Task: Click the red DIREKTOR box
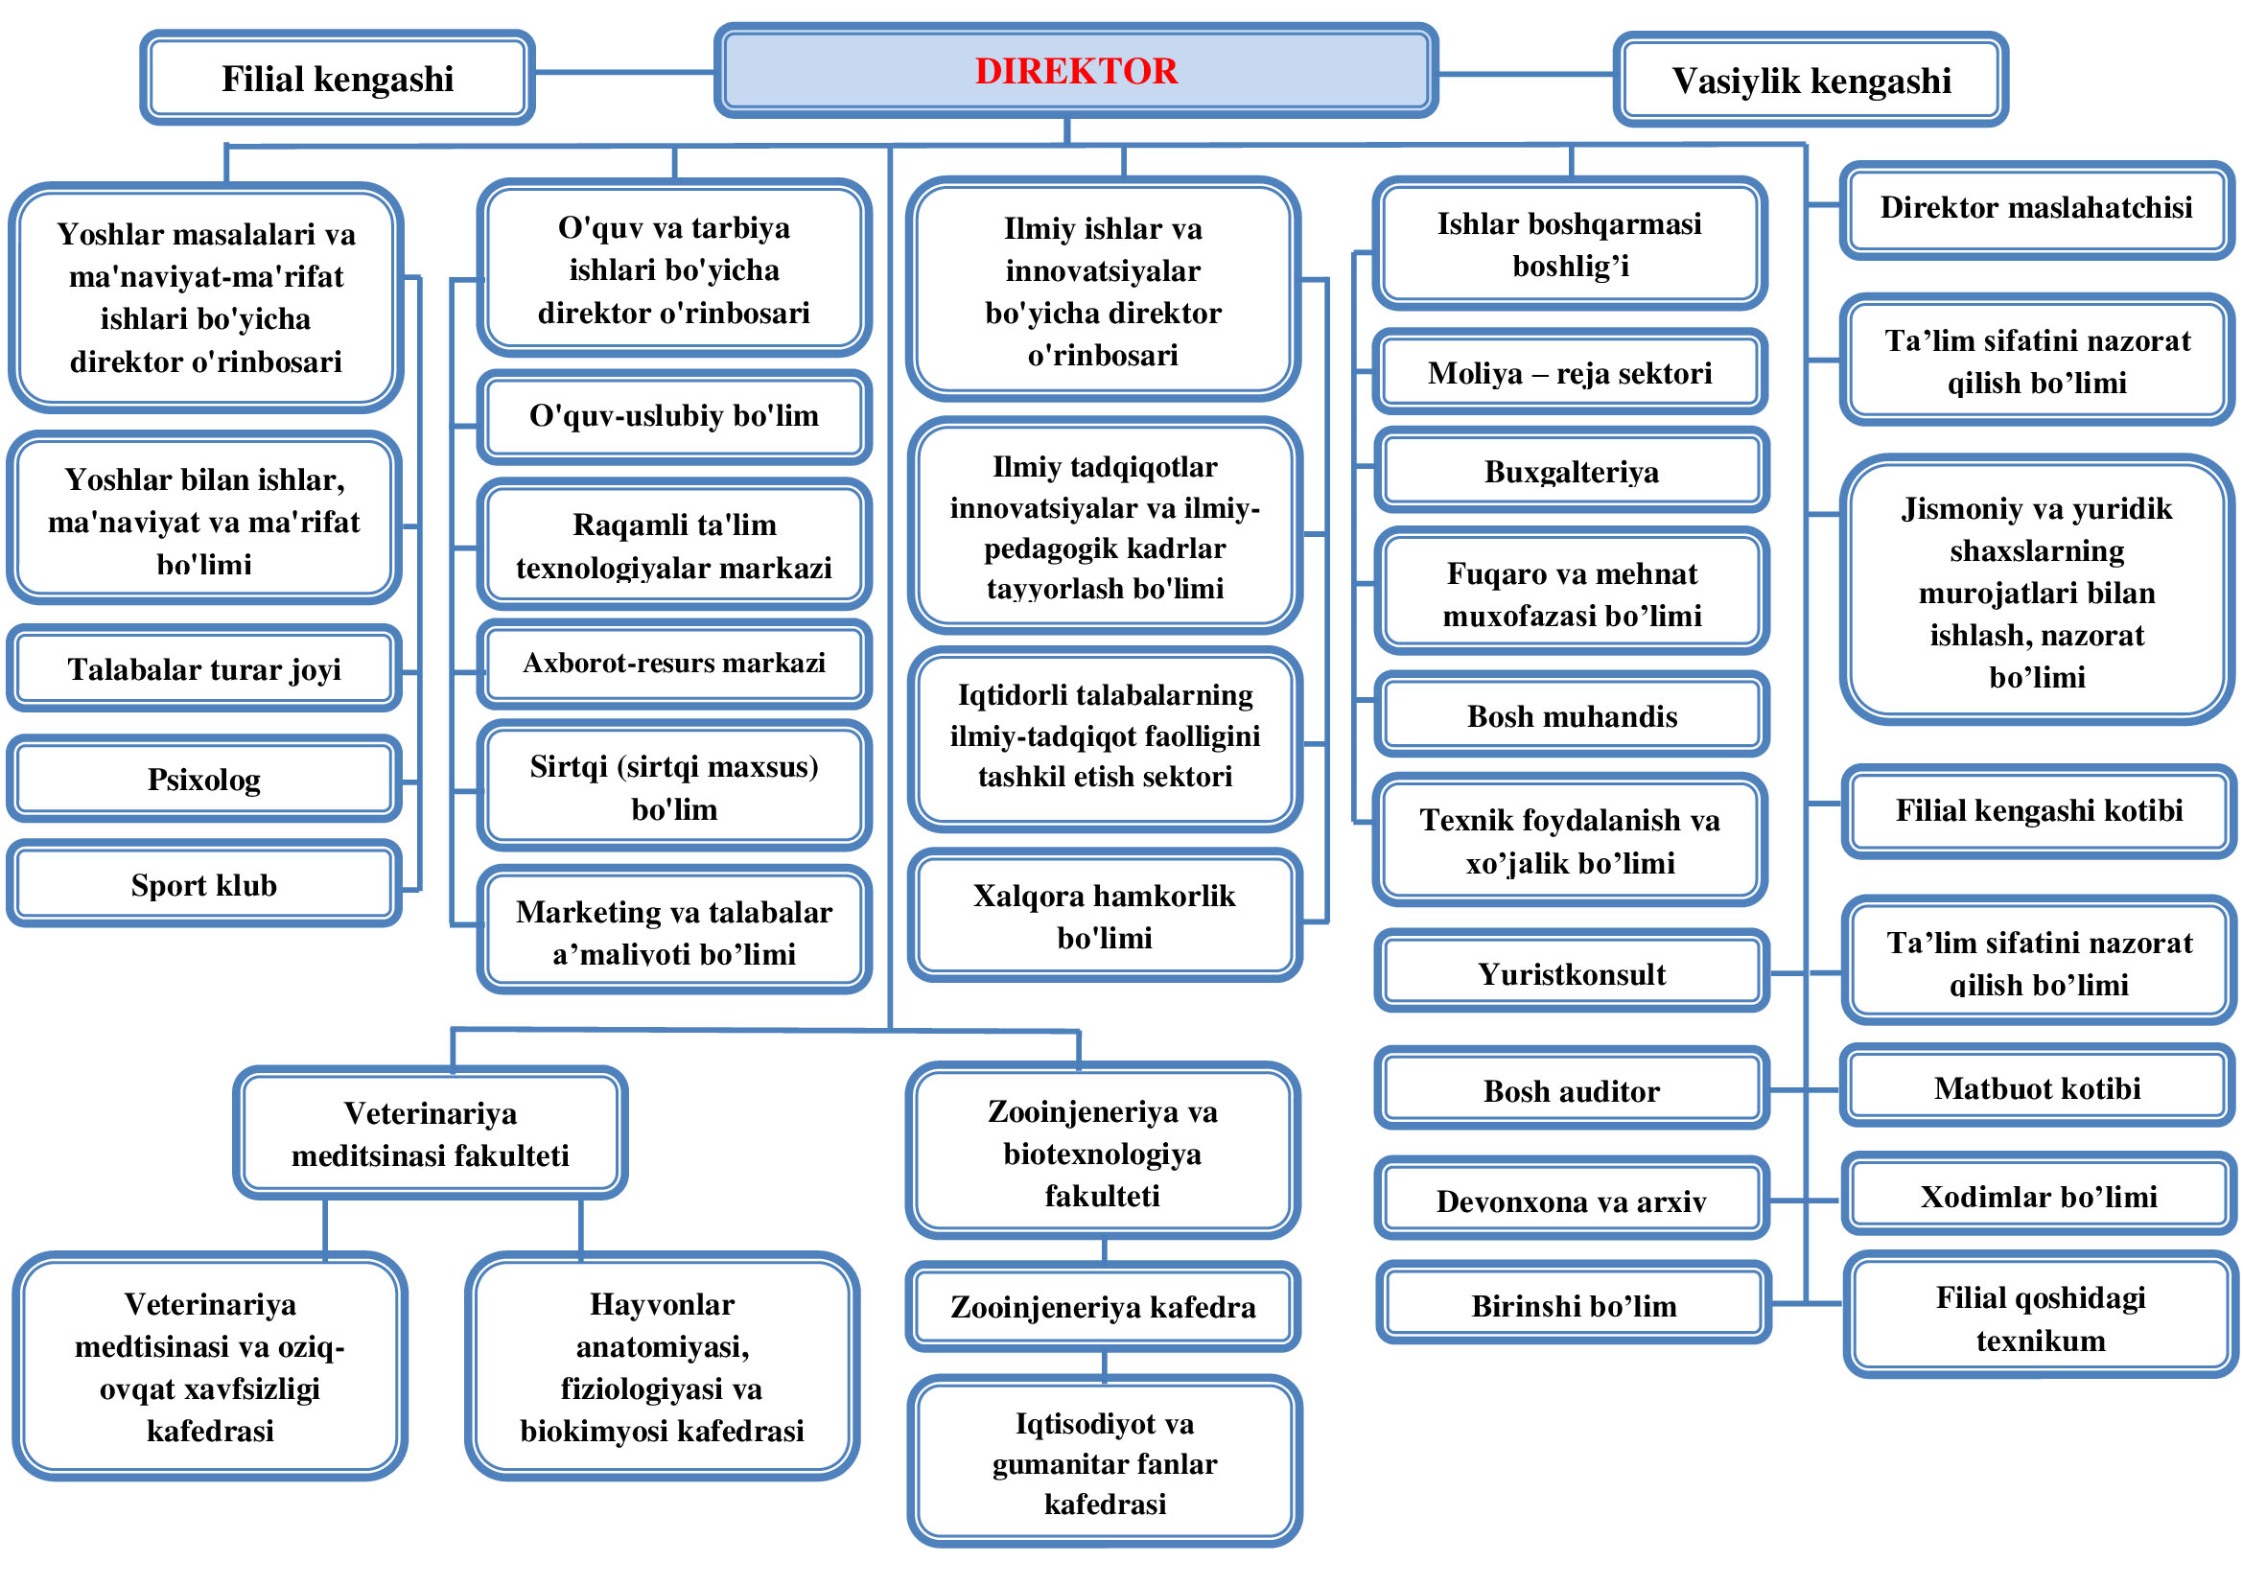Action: pyautogui.click(x=1076, y=71)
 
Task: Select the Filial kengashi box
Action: pyautogui.click(x=337, y=78)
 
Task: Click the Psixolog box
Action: pyautogui.click(x=204, y=780)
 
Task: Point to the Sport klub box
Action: pyautogui.click(x=204, y=884)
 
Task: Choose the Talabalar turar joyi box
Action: pyautogui.click(x=204, y=669)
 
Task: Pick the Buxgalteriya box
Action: pyautogui.click(x=1571, y=472)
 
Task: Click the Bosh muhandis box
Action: pyautogui.click(x=1571, y=716)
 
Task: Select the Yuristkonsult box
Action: pyautogui.click(x=1571, y=972)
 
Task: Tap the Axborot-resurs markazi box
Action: pyautogui.click(x=674, y=664)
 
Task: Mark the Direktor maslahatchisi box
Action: pyautogui.click(x=2037, y=208)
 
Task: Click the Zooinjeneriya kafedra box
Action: pyautogui.click(x=1103, y=1307)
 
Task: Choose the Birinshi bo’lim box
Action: pyautogui.click(x=1573, y=1305)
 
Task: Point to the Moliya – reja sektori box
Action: pyautogui.click(x=1570, y=372)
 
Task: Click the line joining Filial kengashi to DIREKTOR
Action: pyautogui.click(x=624, y=71)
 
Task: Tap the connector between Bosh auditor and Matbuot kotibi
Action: pyautogui.click(x=1806, y=1090)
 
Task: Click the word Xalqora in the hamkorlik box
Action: pyautogui.click(x=1021, y=896)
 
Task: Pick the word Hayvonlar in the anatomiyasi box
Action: pyautogui.click(x=662, y=1304)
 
